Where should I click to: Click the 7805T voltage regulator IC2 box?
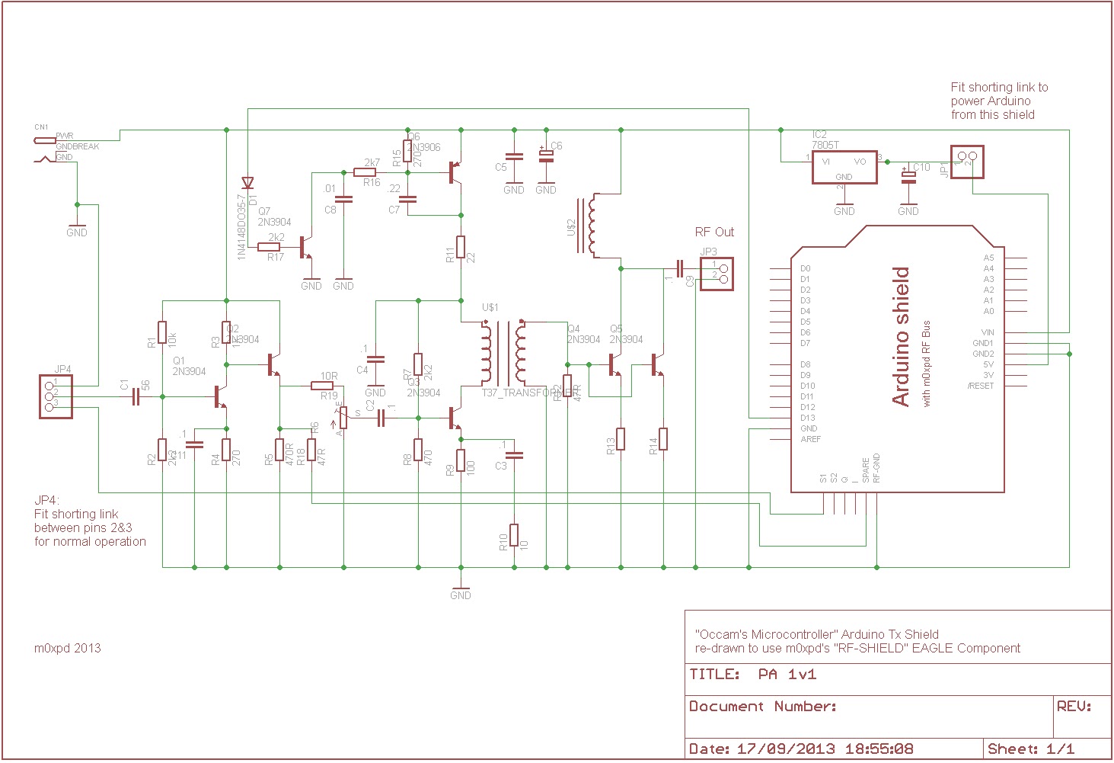[x=844, y=167]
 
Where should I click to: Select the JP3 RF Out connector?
[x=717, y=274]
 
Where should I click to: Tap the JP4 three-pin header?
[x=56, y=396]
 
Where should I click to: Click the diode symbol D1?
[x=247, y=183]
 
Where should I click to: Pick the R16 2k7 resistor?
[x=365, y=172]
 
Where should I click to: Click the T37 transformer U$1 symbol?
[x=503, y=353]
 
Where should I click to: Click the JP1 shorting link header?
[x=967, y=162]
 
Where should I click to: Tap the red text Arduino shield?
[x=901, y=335]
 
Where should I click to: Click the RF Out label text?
[x=714, y=232]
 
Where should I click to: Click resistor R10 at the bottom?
[x=514, y=534]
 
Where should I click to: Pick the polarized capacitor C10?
[x=908, y=177]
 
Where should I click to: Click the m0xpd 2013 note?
[x=67, y=648]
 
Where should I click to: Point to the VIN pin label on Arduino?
[x=987, y=332]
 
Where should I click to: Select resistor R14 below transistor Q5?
[x=663, y=439]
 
